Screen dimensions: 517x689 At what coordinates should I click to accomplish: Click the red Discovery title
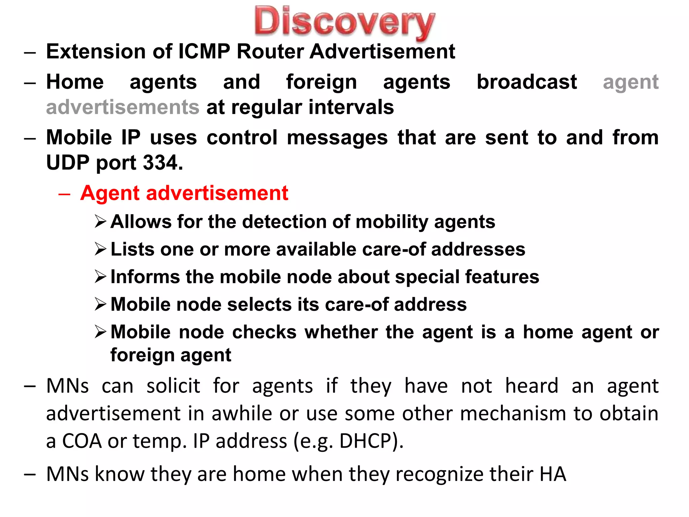344,22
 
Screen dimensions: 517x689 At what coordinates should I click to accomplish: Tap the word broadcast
527,82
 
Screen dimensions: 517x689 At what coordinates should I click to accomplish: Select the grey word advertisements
123,107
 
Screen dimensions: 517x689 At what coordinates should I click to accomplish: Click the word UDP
68,163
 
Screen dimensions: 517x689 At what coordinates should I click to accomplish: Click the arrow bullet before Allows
100,221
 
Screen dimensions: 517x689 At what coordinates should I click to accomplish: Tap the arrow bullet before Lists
100,249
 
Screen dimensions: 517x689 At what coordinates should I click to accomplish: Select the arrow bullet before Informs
100,277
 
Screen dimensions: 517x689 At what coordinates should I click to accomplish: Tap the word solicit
173,386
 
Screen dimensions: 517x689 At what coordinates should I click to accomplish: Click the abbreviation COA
82,441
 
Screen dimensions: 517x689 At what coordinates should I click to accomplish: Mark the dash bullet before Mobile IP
30,138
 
